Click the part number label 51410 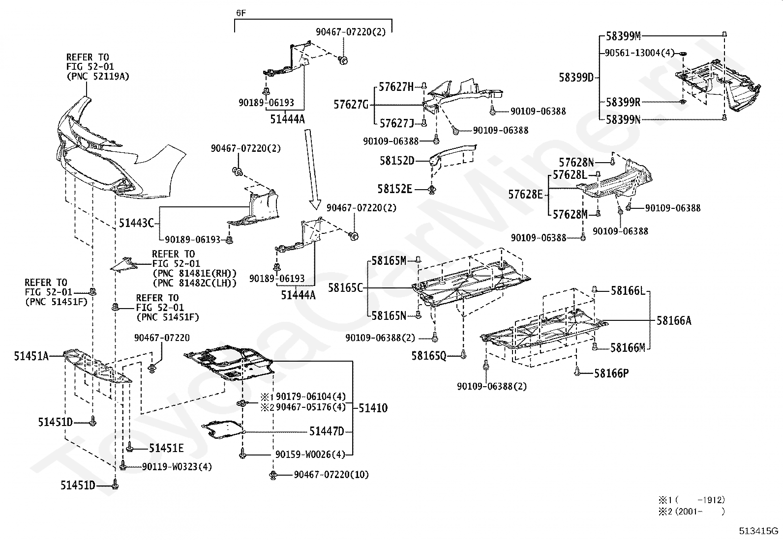[373, 408]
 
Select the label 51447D [327, 432]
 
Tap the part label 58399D [576, 78]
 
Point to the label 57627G [351, 105]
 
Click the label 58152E [394, 189]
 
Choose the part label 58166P [611, 373]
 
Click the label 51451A [31, 356]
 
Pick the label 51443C [136, 223]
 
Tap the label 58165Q [429, 356]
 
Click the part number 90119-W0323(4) [177, 467]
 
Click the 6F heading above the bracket [241, 13]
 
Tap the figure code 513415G [758, 531]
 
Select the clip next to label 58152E [432, 190]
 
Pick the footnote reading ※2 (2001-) [692, 512]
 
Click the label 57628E [525, 194]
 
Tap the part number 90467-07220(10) [331, 474]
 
